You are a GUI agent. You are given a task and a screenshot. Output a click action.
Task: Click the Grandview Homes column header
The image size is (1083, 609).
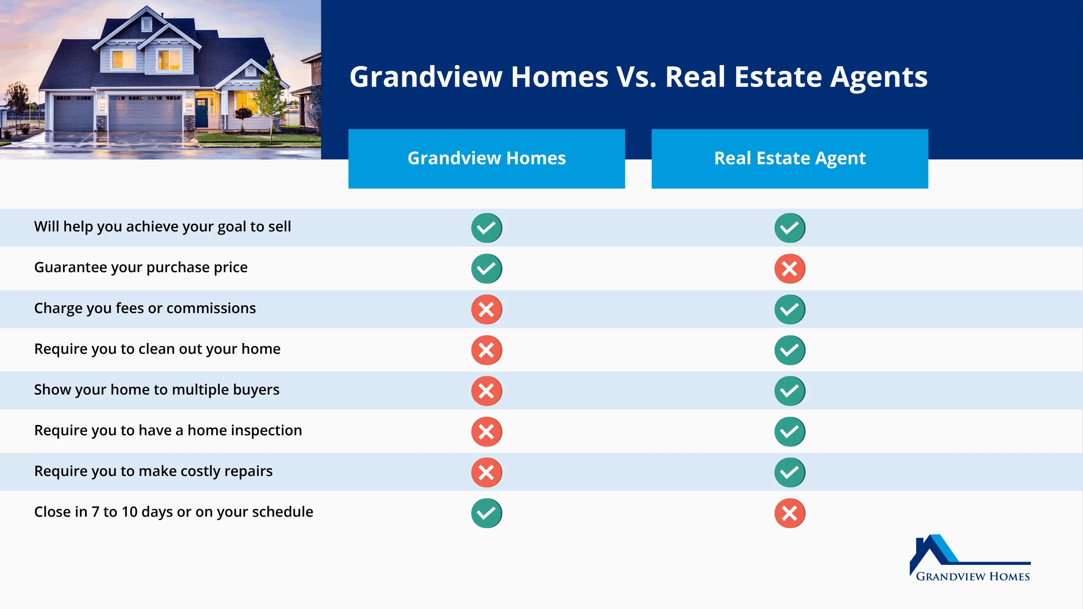(x=486, y=159)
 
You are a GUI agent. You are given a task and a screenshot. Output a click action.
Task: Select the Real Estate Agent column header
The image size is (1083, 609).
(x=790, y=159)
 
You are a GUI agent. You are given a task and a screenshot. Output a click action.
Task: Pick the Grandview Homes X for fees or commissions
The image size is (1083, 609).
(x=486, y=309)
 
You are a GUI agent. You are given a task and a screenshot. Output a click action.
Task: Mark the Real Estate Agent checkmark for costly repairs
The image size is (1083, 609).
(x=790, y=472)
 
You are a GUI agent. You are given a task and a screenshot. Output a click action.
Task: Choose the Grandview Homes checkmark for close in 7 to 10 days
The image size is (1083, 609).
(x=486, y=513)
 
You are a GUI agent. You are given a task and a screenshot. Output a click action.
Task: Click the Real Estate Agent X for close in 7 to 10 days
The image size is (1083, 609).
(x=790, y=513)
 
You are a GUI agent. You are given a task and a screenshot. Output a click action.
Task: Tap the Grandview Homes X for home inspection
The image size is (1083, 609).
(x=486, y=431)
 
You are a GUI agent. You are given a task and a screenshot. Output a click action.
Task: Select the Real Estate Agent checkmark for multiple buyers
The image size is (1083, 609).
(x=790, y=391)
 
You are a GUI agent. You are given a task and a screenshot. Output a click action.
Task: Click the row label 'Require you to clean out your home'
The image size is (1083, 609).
(x=157, y=349)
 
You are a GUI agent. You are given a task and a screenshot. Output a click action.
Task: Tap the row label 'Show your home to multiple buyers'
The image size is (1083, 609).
(x=157, y=390)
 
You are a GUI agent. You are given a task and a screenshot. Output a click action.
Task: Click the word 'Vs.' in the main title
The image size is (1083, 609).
(x=636, y=77)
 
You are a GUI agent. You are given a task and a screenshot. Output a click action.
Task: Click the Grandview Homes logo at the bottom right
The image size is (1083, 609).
(x=970, y=558)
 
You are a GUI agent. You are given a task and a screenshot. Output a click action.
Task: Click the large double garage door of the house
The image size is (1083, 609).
(x=145, y=113)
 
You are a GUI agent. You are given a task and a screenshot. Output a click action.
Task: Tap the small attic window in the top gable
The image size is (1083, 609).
(x=146, y=24)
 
